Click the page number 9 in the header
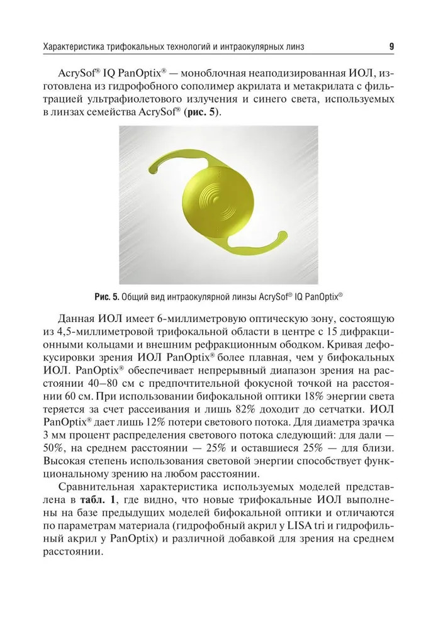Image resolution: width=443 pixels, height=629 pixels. point(391,46)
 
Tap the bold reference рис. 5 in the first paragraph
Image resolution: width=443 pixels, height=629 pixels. point(205,113)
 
